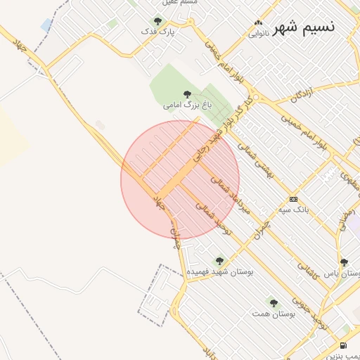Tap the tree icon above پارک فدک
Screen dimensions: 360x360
coord(157,21)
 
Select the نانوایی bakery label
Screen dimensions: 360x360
coord(258,32)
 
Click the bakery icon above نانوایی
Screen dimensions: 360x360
coord(258,22)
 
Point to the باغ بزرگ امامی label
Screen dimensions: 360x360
coord(187,105)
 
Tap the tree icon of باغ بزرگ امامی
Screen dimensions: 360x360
coord(187,94)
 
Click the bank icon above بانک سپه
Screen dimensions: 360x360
coord(293,199)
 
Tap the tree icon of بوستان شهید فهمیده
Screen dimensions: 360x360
coord(219,261)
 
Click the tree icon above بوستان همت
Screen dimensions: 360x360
coord(274,304)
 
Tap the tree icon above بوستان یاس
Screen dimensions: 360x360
coord(344,262)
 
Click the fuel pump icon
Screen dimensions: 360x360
coord(342,345)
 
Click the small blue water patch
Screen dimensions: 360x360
coord(46,25)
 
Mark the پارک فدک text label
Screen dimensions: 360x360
coord(157,32)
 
